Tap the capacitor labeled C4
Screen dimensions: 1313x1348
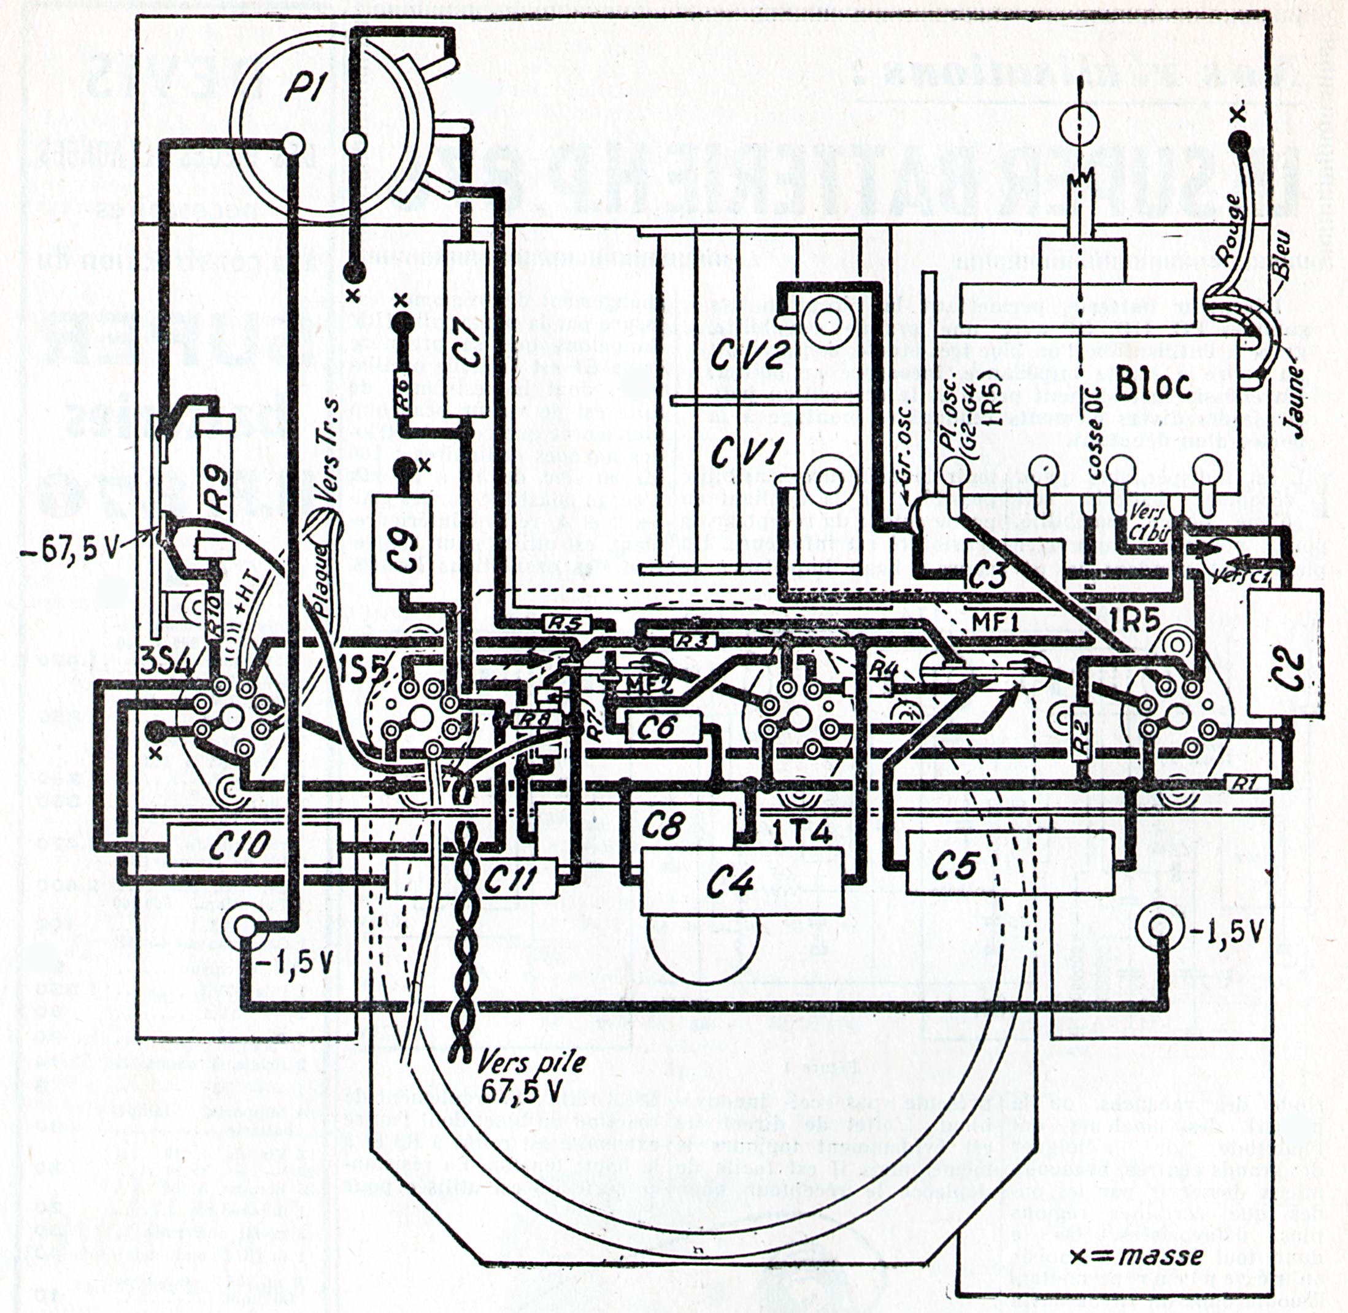(x=742, y=880)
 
